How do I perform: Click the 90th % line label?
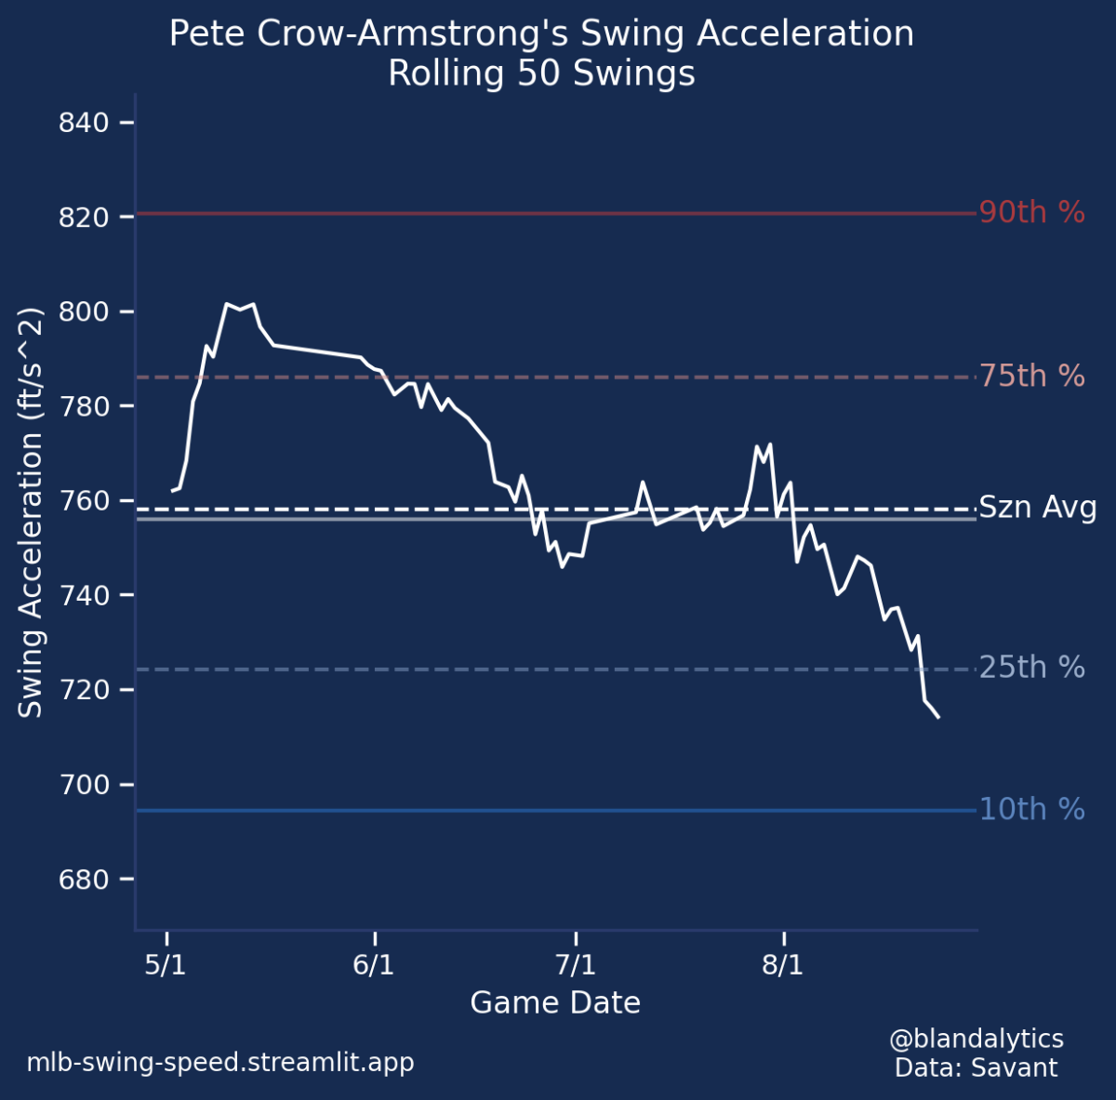(1031, 213)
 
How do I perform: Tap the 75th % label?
(1031, 377)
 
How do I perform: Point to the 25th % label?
(1031, 668)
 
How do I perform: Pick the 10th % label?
(1031, 810)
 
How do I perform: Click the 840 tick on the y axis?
(85, 123)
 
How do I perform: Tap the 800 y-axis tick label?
(85, 312)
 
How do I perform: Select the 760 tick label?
(85, 501)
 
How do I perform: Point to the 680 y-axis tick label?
(85, 880)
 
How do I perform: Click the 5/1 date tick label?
(166, 964)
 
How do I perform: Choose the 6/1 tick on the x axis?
(374, 964)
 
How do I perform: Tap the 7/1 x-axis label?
(577, 964)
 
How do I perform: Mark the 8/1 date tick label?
(783, 964)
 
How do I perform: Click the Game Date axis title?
(555, 1002)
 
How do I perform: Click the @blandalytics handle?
(976, 1039)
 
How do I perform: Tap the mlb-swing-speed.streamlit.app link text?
(220, 1062)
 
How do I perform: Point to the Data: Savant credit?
(976, 1067)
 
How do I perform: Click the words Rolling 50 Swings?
(541, 73)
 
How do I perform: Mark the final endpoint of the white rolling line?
(938, 717)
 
